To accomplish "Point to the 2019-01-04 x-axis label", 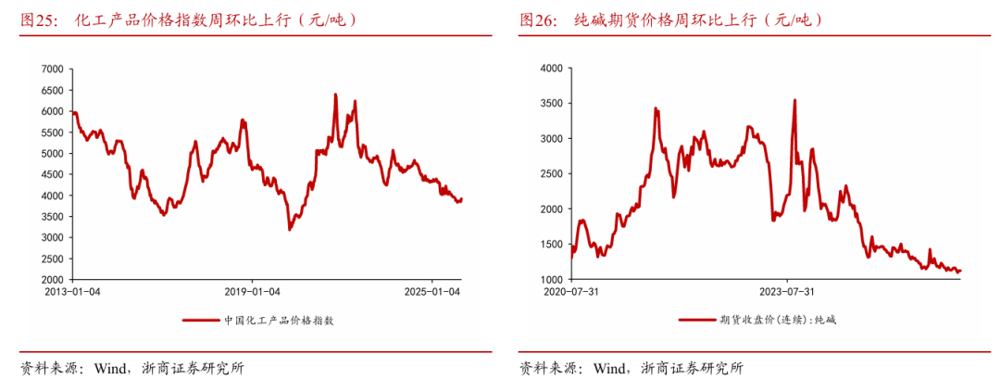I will pyautogui.click(x=253, y=292).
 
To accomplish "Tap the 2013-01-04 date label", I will pyautogui.click(x=73, y=292).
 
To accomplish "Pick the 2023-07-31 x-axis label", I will pyautogui.click(x=787, y=292).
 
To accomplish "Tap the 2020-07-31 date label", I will pyautogui.click(x=571, y=292).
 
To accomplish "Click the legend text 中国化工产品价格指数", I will pyautogui.click(x=278, y=321).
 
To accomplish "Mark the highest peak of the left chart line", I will pyautogui.click(x=335, y=95).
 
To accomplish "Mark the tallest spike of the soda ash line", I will pyautogui.click(x=794, y=100).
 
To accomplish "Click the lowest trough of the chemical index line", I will pyautogui.click(x=290, y=229).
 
